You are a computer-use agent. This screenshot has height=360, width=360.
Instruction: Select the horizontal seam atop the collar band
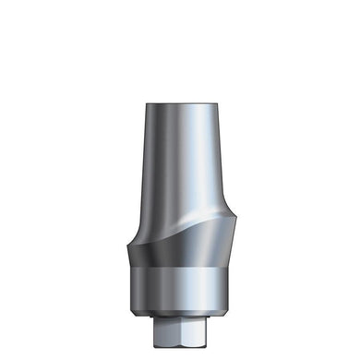[x=179, y=265]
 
